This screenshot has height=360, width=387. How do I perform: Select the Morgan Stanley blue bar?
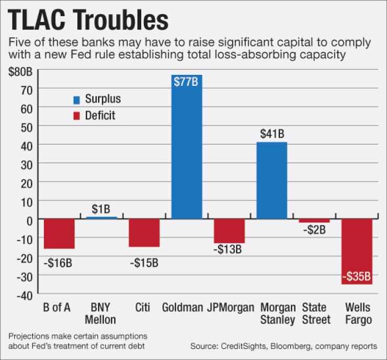click(271, 181)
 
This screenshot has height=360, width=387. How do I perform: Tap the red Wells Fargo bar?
click(357, 251)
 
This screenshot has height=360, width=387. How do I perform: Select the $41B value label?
click(271, 134)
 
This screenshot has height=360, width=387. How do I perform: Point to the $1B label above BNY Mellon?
click(101, 209)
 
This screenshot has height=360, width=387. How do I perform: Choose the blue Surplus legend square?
click(76, 99)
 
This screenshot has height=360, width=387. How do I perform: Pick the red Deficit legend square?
click(76, 115)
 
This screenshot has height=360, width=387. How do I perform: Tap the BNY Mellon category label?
click(101, 313)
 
